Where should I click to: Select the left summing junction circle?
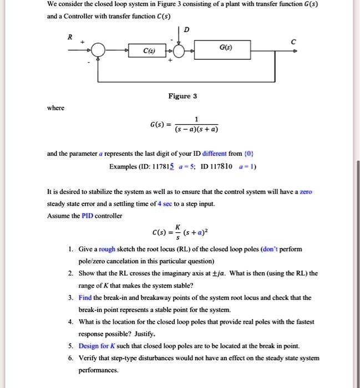pyautogui.click(x=99, y=52)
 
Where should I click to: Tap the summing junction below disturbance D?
pyautogui.click(x=179, y=52)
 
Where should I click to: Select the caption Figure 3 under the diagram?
pyautogui.click(x=183, y=96)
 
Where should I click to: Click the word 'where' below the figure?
pyautogui.click(x=55, y=108)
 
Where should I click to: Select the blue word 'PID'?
pyautogui.click(x=90, y=216)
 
